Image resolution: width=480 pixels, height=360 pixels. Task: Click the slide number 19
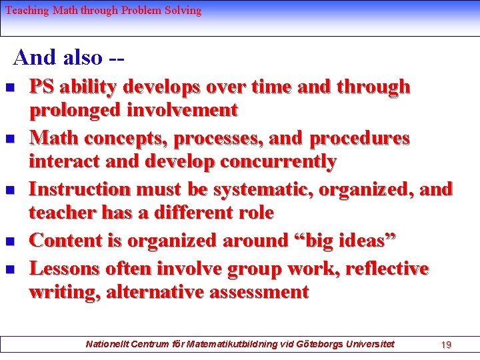click(x=447, y=344)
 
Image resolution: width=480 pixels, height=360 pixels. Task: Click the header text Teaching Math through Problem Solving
click(x=103, y=11)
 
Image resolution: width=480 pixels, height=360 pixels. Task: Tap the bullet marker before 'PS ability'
click(x=9, y=88)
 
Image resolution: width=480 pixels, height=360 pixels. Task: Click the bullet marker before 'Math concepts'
click(x=9, y=139)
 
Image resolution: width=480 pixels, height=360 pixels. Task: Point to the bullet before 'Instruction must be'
click(x=9, y=191)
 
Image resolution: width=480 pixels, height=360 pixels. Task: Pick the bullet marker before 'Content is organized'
click(x=9, y=241)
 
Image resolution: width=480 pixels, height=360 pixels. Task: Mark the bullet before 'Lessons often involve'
click(x=9, y=270)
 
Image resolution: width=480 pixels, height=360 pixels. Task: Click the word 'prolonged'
click(x=75, y=109)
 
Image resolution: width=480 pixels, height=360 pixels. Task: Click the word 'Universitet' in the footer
click(x=370, y=344)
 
